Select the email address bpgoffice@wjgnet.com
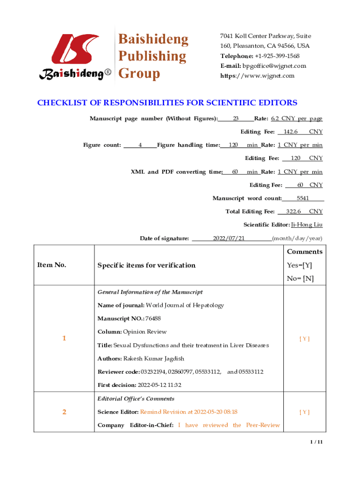coord(274,66)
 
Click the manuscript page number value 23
coord(236,119)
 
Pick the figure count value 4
coord(140,145)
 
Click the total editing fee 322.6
coord(293,212)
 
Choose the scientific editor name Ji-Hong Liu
coord(307,225)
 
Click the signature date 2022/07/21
coord(229,239)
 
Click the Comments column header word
coord(304,252)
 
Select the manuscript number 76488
coord(153,319)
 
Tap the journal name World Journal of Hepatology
coord(185,305)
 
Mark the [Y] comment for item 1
coord(304,339)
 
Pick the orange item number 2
coord(64,412)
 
